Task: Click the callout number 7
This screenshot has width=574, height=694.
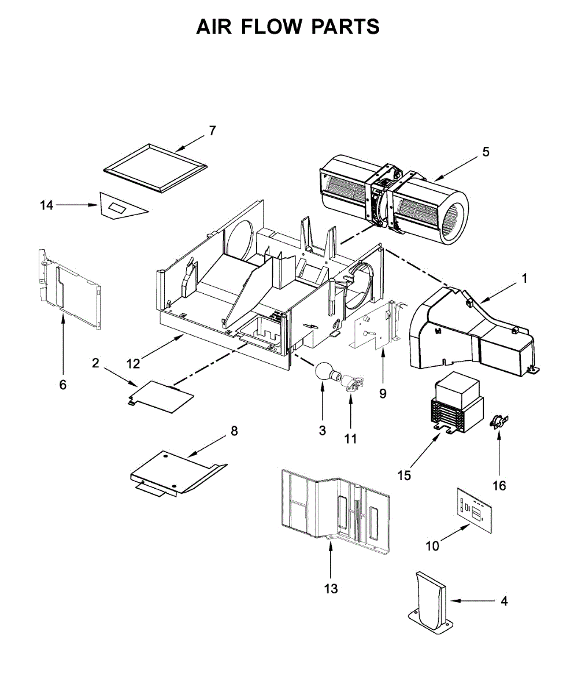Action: pos(212,131)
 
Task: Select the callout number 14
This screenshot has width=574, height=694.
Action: pos(46,205)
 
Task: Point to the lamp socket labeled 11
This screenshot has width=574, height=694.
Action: pos(351,385)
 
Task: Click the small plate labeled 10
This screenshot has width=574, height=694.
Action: pos(475,508)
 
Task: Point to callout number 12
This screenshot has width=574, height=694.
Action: pos(134,363)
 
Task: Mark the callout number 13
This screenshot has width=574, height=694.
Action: pos(331,589)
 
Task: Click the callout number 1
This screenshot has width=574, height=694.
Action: pos(524,278)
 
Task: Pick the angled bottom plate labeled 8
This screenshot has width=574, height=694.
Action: pos(173,472)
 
